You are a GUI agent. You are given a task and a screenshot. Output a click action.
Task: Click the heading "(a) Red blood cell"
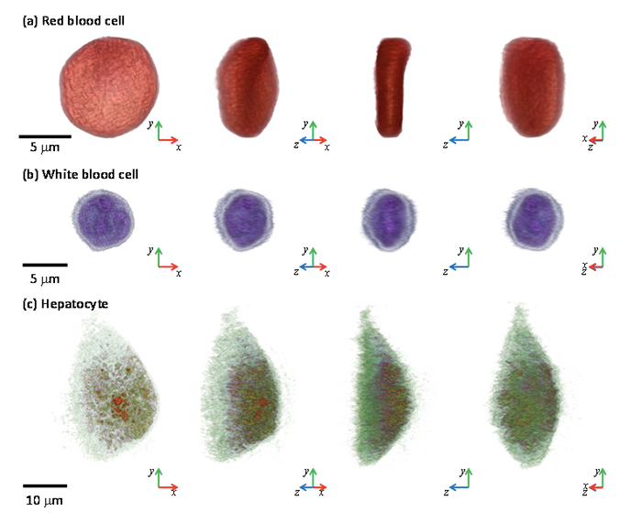[x=73, y=21]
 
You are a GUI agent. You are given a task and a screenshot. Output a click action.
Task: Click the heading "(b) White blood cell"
[x=81, y=175]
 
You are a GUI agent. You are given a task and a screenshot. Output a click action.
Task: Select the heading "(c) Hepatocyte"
[x=65, y=304]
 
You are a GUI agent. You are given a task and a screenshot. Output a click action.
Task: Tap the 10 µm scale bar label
[x=44, y=500]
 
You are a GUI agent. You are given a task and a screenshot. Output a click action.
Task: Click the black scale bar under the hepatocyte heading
[x=45, y=485]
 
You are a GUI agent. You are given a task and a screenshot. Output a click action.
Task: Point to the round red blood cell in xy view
[x=109, y=87]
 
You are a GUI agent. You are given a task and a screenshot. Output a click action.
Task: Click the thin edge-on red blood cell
[x=392, y=87]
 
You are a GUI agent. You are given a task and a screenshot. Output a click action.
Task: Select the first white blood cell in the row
[x=103, y=220]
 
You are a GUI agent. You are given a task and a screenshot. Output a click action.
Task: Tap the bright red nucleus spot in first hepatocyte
[x=118, y=400]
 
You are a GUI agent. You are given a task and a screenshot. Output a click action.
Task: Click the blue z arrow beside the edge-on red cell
[x=459, y=140]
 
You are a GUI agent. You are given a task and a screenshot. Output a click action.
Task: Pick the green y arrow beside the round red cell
[x=159, y=130]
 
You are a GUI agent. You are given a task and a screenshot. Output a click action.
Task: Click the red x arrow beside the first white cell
[x=168, y=267]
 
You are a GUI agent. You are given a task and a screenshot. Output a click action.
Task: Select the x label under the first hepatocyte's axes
[x=174, y=493]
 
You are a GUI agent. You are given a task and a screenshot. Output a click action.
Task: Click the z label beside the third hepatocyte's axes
[x=446, y=493]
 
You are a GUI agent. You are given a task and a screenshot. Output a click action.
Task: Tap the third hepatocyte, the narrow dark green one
[x=382, y=388]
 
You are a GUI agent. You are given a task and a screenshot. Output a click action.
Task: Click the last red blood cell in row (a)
[x=532, y=87]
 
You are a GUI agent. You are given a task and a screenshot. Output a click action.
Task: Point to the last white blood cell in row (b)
[x=535, y=219]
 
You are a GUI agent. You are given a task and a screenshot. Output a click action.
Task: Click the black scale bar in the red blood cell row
[x=45, y=136]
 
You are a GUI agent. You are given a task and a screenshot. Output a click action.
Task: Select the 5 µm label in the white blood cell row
[x=45, y=278]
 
